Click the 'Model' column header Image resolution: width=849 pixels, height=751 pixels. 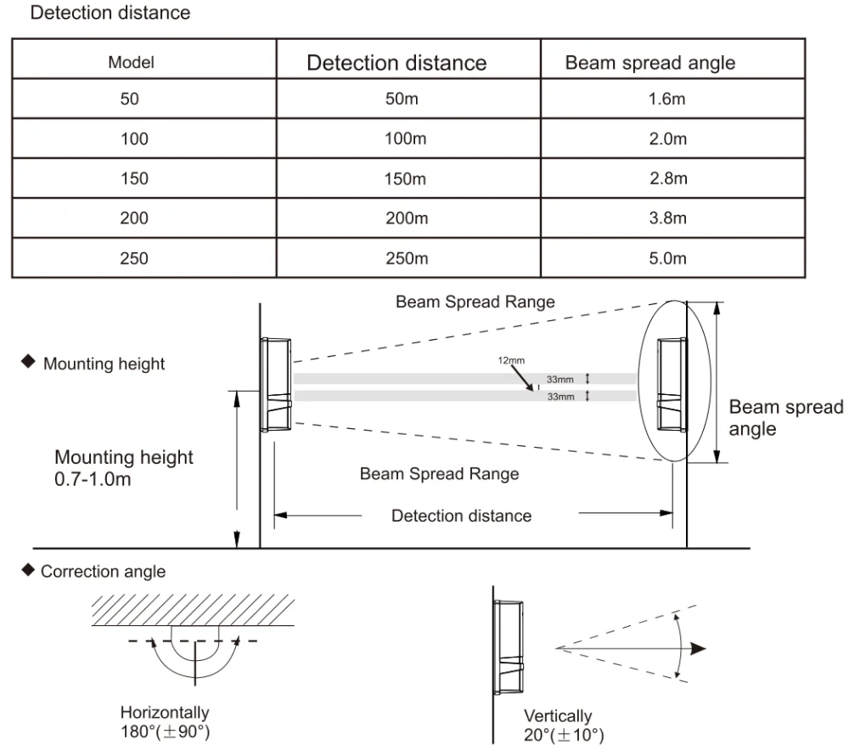(131, 62)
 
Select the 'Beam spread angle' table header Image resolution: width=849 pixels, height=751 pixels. (650, 63)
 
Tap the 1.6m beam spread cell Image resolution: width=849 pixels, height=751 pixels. (667, 99)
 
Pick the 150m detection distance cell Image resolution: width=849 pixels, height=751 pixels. (405, 178)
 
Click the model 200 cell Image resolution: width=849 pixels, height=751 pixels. (134, 217)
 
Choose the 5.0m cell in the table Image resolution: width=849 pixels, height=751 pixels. (667, 258)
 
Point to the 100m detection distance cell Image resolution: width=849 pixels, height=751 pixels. (406, 138)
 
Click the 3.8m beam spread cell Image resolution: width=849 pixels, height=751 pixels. (667, 217)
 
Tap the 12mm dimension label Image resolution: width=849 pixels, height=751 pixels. (511, 360)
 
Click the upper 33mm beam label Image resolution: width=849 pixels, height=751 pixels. (559, 379)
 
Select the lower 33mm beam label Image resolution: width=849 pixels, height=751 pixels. (560, 397)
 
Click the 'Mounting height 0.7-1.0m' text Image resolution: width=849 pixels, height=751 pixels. (123, 468)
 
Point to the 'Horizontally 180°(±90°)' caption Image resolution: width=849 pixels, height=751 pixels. (166, 722)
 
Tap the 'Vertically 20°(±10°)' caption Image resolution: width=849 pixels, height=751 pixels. (564, 725)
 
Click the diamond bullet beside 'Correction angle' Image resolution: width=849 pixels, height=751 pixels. (28, 570)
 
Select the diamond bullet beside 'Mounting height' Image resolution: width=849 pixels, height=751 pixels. (28, 361)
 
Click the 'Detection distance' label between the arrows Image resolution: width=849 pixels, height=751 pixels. (461, 516)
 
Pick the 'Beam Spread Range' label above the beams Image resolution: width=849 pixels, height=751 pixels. (475, 302)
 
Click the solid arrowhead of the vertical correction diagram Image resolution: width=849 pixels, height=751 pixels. (699, 648)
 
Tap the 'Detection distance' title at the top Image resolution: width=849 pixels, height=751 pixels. (110, 13)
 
